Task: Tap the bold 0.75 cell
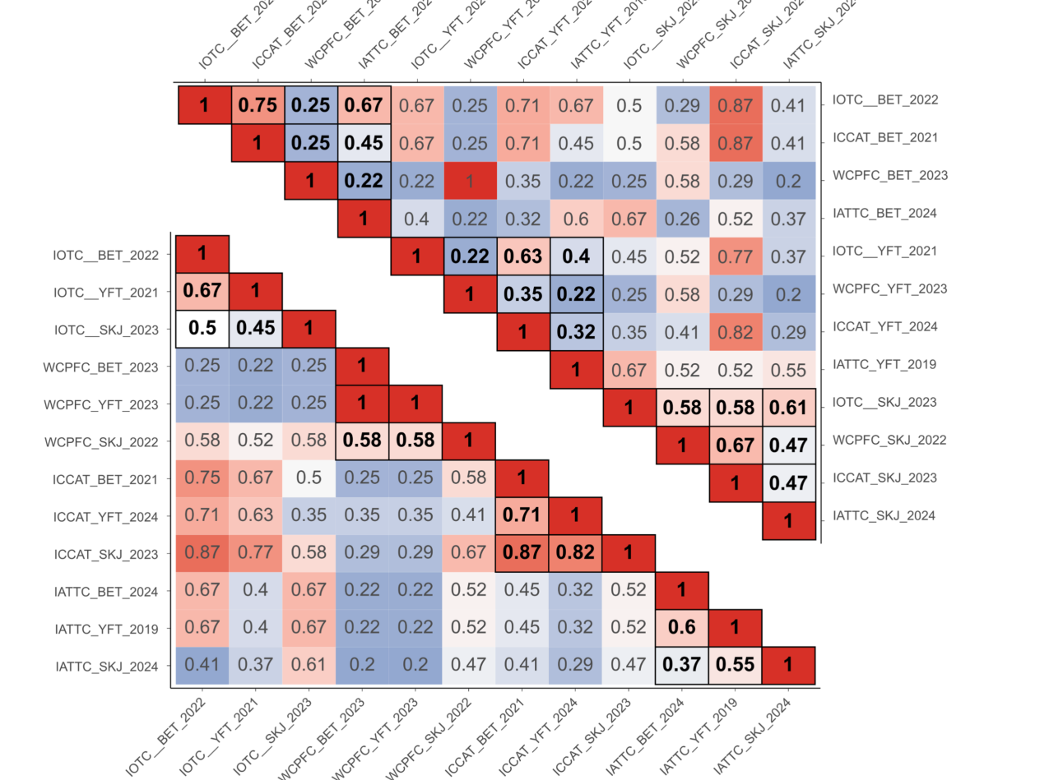tap(258, 104)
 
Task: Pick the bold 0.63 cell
tap(522, 256)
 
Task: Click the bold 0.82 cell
tap(576, 553)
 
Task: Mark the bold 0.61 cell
tap(788, 407)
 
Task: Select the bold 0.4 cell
tap(576, 256)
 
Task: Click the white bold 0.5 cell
tap(203, 328)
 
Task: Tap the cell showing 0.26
tap(682, 218)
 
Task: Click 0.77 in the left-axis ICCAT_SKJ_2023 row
tap(257, 553)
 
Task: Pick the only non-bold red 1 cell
tap(470, 180)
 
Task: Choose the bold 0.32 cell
tap(576, 331)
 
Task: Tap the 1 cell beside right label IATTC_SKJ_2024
tap(788, 520)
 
